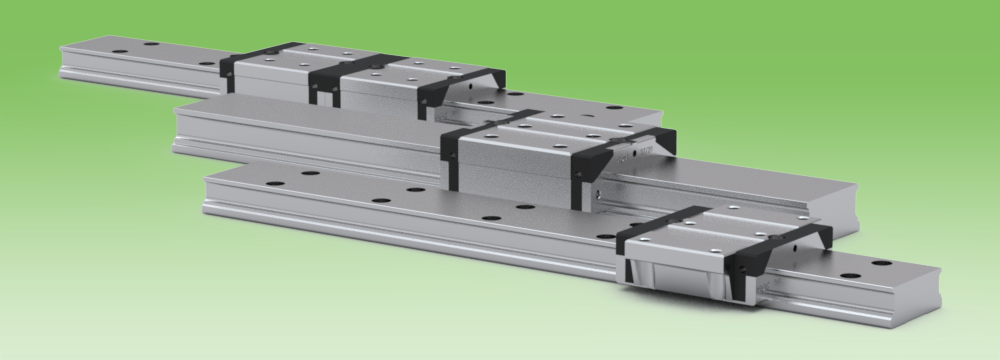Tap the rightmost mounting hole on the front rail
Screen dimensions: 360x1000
pyautogui.click(x=881, y=263)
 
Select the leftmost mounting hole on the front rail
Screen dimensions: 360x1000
pyautogui.click(x=271, y=184)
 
